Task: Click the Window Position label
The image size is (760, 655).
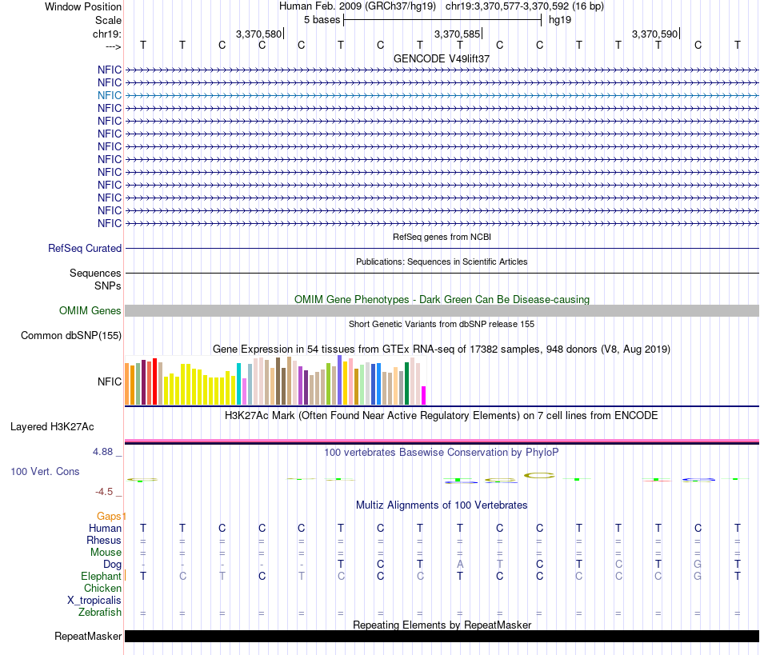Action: coord(83,6)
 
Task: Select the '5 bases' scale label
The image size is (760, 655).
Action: coord(322,19)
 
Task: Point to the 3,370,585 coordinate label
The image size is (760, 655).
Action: coord(457,34)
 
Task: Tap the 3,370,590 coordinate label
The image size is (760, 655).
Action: coord(654,34)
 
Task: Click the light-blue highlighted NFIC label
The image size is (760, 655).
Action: coord(110,95)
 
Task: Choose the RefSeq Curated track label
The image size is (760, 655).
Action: coord(85,249)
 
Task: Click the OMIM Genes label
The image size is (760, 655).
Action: coord(90,310)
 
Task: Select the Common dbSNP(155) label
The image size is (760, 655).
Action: coord(71,336)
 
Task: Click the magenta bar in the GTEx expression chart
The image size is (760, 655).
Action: coord(424,395)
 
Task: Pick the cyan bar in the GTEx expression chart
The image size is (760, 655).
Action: coord(238,383)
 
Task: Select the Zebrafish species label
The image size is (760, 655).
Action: coord(100,613)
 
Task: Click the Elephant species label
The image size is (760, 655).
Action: coord(101,577)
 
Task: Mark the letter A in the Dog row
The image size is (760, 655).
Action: coord(460,565)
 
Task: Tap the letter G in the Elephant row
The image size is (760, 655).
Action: coord(698,577)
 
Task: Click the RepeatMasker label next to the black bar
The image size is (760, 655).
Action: coord(88,637)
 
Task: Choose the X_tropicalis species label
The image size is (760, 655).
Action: coord(94,601)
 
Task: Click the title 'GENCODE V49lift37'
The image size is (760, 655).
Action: coord(441,58)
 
